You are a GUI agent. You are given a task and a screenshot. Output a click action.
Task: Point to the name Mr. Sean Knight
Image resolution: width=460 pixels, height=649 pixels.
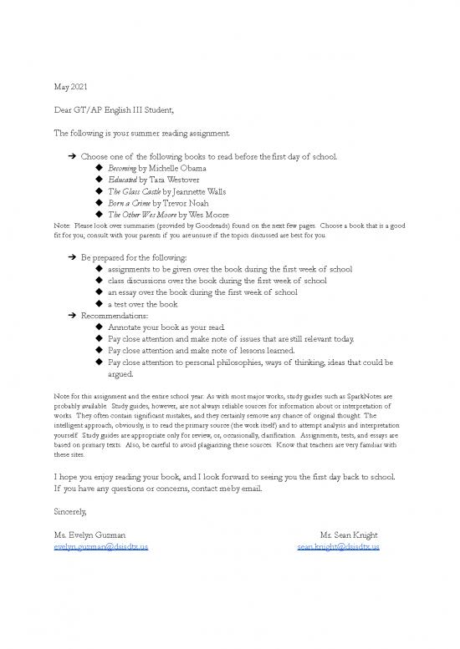pyautogui.click(x=350, y=535)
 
